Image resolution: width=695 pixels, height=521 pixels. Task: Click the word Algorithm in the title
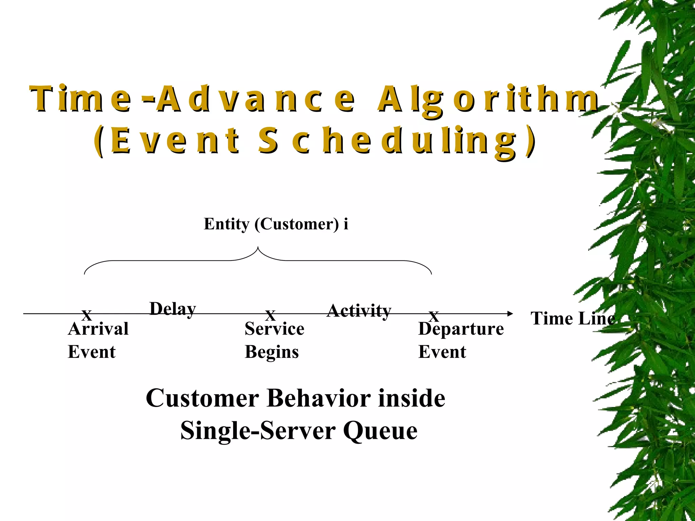pyautogui.click(x=488, y=99)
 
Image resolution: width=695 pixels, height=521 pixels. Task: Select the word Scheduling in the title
pyautogui.click(x=397, y=140)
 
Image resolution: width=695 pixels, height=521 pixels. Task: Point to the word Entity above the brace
pyautogui.click(x=226, y=224)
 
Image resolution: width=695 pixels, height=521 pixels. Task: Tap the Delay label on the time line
pyautogui.click(x=173, y=309)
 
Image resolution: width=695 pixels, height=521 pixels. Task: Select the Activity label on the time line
pyautogui.click(x=359, y=310)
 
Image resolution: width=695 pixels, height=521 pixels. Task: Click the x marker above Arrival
pyautogui.click(x=87, y=315)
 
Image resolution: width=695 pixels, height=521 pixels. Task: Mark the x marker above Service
pyautogui.click(x=270, y=316)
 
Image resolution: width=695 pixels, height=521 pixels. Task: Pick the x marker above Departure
pyautogui.click(x=434, y=317)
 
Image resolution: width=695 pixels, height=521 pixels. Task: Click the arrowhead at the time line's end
pyautogui.click(x=510, y=314)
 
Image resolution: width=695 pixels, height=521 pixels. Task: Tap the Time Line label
pyautogui.click(x=573, y=319)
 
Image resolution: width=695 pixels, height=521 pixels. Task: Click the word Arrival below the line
pyautogui.click(x=98, y=329)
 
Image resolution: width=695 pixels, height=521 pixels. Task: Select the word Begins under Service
pyautogui.click(x=272, y=352)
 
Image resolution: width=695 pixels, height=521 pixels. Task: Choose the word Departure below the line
pyautogui.click(x=461, y=329)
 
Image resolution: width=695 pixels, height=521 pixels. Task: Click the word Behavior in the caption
pyautogui.click(x=319, y=398)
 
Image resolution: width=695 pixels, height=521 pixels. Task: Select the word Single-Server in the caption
pyautogui.click(x=258, y=431)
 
